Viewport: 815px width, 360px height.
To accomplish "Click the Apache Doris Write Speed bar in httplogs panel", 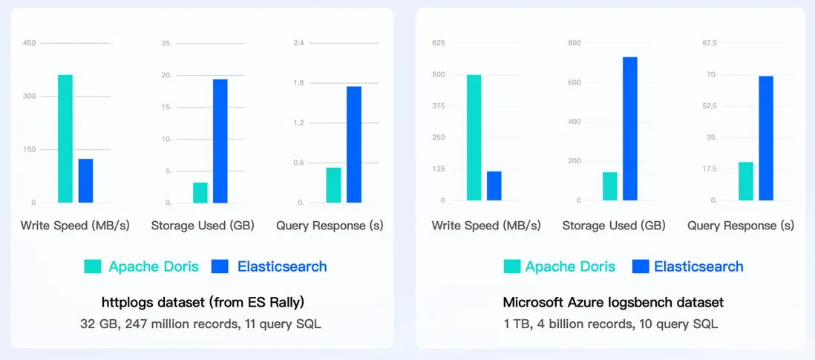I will click(65, 139).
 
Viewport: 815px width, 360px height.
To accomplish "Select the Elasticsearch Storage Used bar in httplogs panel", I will click(220, 141).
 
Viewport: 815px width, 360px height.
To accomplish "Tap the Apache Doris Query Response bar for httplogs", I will click(334, 185).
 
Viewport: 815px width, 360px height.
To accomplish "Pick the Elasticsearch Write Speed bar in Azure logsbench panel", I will click(494, 186).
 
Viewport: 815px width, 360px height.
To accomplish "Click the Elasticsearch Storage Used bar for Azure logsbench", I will click(630, 128).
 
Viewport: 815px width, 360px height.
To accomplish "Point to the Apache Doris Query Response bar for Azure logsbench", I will click(746, 181).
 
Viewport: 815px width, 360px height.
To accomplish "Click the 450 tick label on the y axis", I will click(29, 43).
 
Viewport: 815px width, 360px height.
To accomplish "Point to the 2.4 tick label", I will click(298, 43).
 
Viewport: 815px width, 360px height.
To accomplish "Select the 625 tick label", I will click(439, 43).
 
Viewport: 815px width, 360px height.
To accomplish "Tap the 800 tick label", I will click(575, 43).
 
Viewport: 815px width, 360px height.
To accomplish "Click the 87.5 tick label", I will click(709, 43).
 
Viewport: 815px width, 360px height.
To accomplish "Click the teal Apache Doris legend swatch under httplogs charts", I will click(93, 266).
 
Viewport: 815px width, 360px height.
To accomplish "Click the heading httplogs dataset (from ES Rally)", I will click(203, 303).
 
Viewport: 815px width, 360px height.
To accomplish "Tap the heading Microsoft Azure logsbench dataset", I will click(613, 303).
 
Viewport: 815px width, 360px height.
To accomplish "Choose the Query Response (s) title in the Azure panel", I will click(741, 226).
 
